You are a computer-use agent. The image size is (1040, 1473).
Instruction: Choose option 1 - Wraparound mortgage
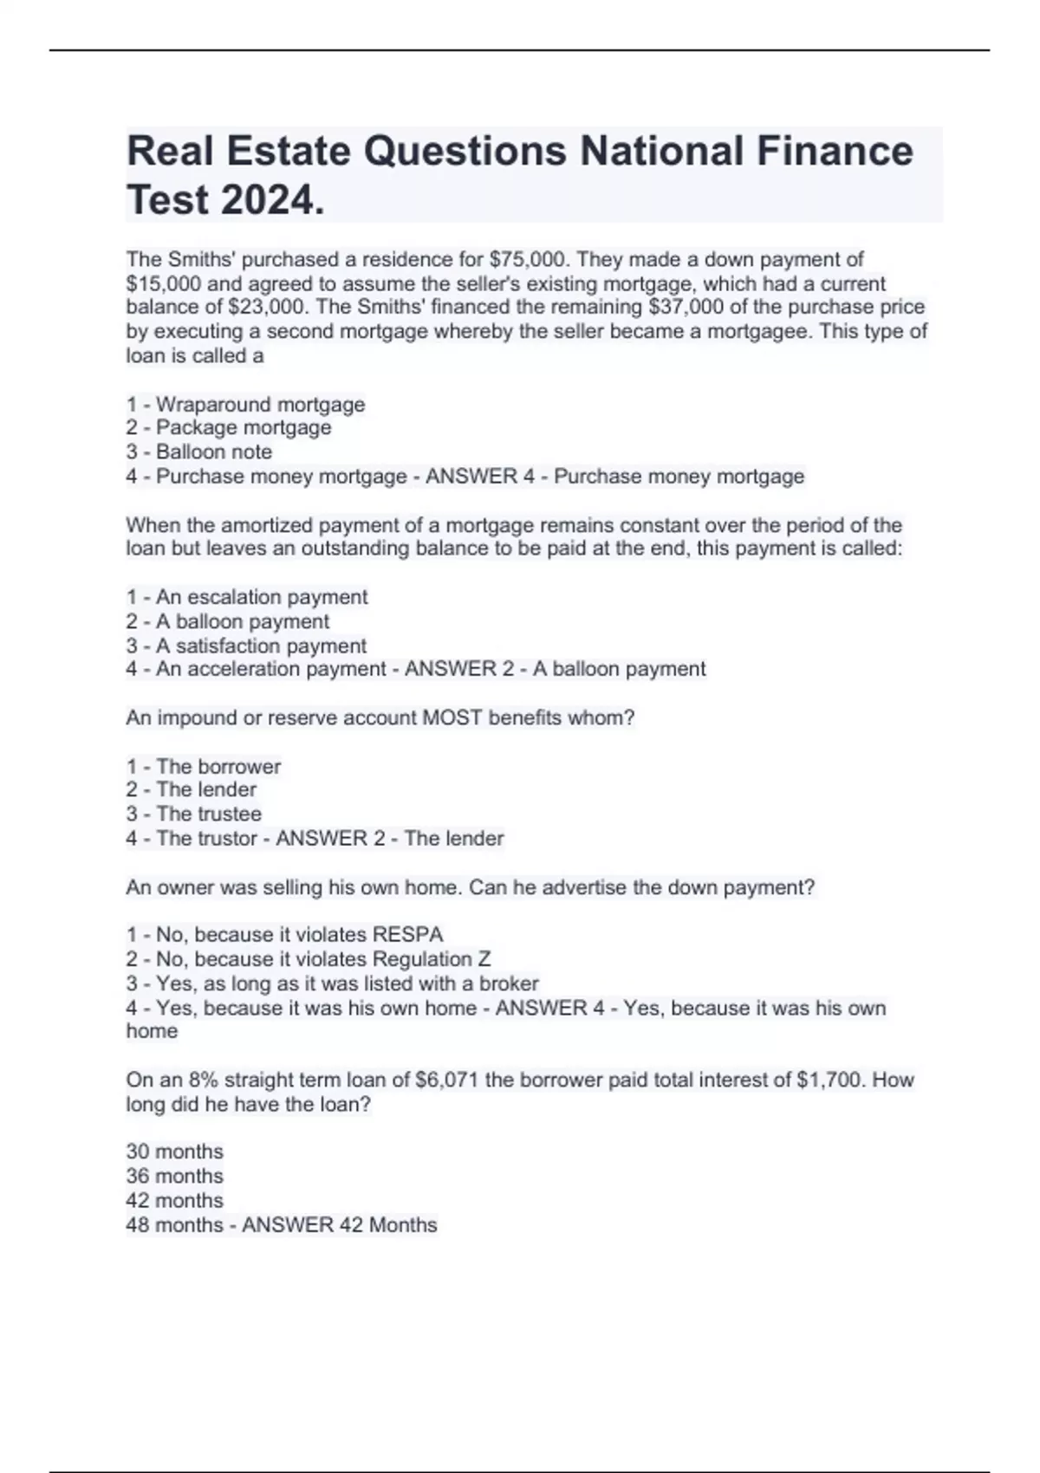pos(245,405)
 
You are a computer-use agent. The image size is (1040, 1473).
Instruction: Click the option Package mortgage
pos(229,428)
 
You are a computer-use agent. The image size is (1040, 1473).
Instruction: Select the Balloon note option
pos(199,452)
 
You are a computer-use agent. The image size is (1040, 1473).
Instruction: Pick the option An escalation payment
pos(247,597)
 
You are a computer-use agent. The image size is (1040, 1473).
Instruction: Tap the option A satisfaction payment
pos(246,646)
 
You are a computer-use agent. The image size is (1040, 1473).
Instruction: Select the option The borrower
pos(204,767)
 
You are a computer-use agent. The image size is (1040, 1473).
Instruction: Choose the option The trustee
pos(194,814)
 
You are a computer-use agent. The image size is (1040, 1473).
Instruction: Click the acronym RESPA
pos(407,935)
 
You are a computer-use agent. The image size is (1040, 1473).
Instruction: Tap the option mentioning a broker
pos(333,983)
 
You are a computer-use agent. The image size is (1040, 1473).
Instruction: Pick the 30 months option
pos(174,1152)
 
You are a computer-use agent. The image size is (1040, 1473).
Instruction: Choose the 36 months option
pos(174,1176)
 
